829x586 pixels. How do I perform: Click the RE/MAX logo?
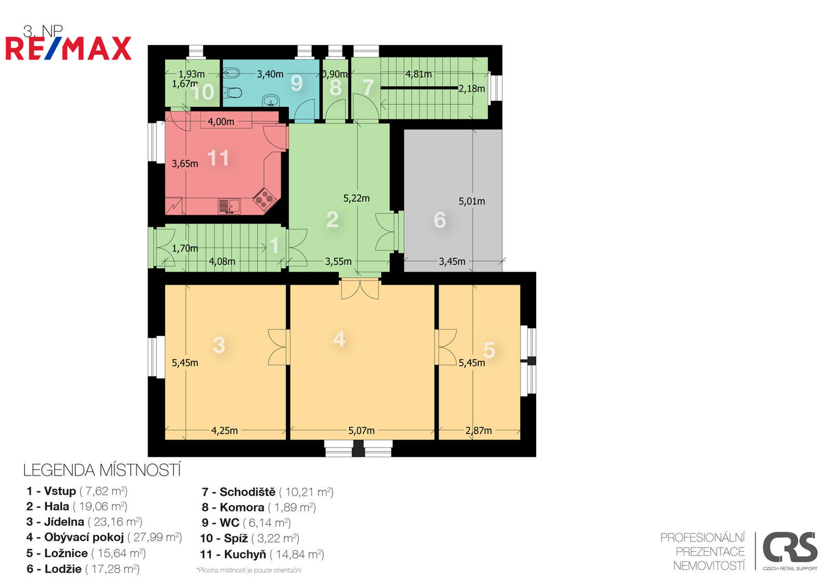tap(68, 48)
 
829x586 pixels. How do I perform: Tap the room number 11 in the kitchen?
tap(218, 158)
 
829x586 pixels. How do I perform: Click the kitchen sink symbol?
tap(229, 206)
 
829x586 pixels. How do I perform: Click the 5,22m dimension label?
tap(356, 199)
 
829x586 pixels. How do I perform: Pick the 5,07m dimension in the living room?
tap(361, 431)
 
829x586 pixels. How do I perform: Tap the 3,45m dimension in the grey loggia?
tap(452, 262)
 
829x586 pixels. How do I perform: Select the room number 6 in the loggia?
tap(440, 220)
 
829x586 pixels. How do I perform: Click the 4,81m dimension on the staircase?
tap(419, 74)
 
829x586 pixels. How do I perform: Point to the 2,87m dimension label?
tap(479, 431)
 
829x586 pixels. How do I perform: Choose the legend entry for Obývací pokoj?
tap(104, 538)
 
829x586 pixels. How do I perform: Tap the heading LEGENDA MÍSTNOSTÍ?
tap(102, 470)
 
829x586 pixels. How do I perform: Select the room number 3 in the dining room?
tap(219, 345)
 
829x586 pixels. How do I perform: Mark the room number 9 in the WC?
tap(297, 83)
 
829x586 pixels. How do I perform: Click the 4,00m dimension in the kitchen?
tap(221, 122)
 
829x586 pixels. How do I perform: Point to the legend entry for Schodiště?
tap(268, 492)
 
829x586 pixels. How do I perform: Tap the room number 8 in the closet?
tap(335, 87)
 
